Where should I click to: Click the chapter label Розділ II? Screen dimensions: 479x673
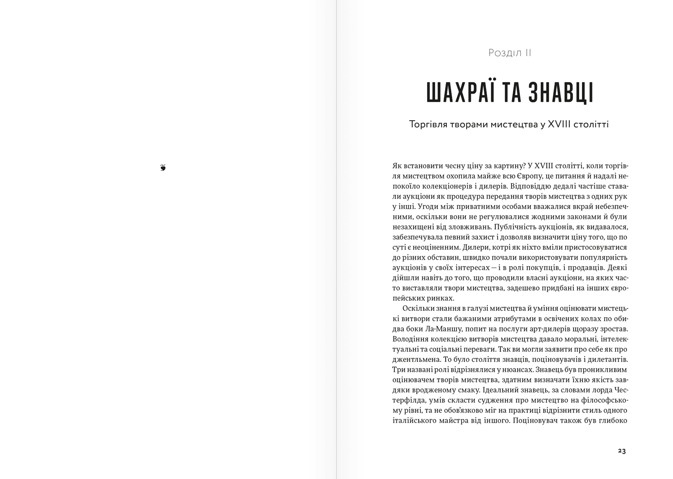510,53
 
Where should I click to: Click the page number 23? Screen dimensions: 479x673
621,451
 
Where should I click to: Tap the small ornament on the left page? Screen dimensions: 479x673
163,168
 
